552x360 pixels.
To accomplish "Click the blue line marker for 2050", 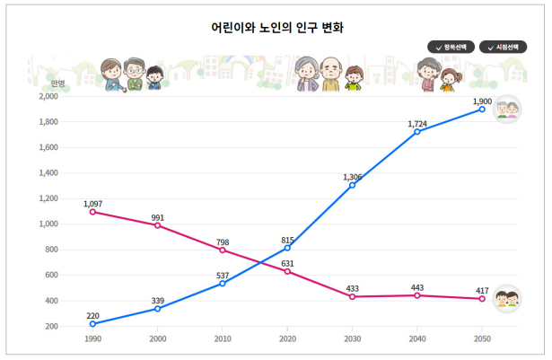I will pos(482,109).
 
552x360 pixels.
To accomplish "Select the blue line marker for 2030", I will pos(352,185).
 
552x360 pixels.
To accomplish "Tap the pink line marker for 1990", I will pos(92,212).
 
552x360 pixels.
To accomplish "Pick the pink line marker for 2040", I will pos(417,295).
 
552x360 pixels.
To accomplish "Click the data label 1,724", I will pos(416,123).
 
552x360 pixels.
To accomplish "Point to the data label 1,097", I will pos(93,204).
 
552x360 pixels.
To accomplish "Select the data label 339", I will pos(157,300).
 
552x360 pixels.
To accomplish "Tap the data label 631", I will pos(287,263).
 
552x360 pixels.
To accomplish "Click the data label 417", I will pos(482,290).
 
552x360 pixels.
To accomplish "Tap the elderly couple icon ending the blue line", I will pos(509,109).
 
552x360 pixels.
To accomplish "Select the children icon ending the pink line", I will pos(509,298).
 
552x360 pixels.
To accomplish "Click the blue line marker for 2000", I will pos(158,309).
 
